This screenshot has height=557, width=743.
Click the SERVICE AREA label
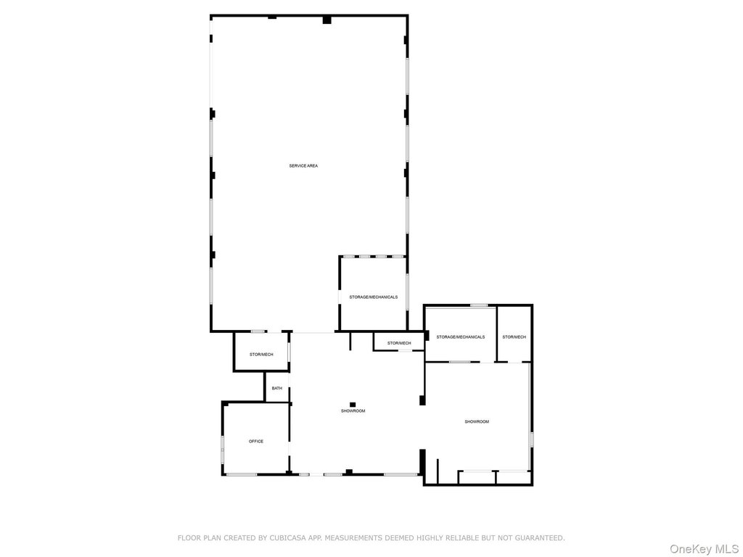pos(303,166)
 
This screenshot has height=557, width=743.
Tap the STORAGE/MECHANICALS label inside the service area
pos(373,297)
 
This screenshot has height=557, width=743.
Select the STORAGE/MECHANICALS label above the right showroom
pos(460,337)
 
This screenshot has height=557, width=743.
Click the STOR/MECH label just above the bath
pos(261,354)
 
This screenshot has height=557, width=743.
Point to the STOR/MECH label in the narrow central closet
pos(399,343)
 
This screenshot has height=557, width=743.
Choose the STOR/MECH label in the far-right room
pos(514,337)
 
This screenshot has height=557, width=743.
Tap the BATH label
pos(277,388)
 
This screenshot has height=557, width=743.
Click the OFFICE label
pos(256,441)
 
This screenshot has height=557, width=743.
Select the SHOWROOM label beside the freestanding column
pos(353,411)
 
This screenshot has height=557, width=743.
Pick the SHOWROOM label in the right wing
pos(477,421)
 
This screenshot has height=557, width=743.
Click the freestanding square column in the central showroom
pos(353,404)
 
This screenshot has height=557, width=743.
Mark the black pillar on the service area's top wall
pos(327,20)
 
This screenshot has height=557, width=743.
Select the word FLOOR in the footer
pos(189,538)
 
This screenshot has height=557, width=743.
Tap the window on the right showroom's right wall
pos(531,439)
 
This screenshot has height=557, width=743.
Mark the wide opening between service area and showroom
pos(313,332)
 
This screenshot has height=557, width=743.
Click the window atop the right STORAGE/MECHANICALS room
pos(478,305)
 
